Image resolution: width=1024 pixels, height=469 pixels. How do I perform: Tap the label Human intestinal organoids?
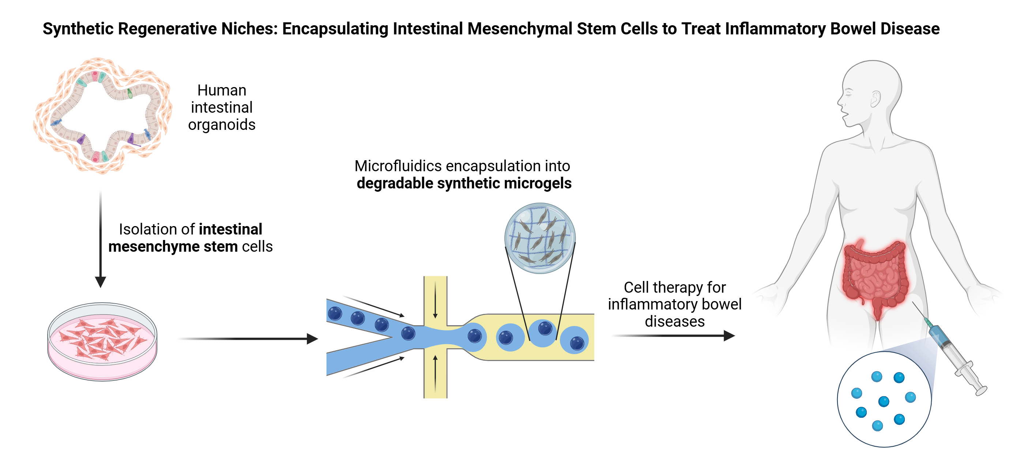coord(222,108)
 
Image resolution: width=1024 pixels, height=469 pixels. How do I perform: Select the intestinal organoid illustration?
coord(102,115)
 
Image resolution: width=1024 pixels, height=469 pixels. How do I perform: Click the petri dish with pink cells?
coord(102,341)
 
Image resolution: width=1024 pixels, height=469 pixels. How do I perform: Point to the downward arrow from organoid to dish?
coord(101,239)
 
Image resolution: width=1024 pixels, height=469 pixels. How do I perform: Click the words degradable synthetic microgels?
coord(464,183)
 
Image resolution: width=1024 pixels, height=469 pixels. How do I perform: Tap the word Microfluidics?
coord(398,166)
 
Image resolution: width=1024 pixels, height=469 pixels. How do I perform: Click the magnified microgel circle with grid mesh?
coord(540,238)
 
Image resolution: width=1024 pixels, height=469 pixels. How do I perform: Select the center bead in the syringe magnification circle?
coord(884,401)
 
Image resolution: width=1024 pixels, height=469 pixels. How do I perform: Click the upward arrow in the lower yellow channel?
coord(435,374)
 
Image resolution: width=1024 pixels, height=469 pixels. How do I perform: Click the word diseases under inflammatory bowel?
coord(675,322)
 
